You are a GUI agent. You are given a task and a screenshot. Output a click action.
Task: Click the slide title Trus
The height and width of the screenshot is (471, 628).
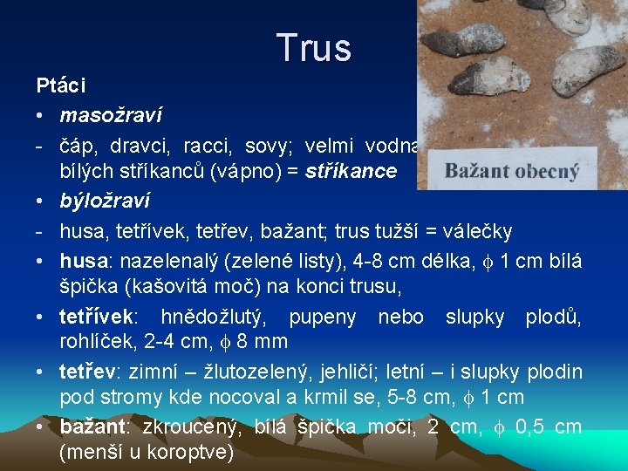coord(314,49)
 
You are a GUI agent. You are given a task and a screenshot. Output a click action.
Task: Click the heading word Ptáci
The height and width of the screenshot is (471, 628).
coord(61,85)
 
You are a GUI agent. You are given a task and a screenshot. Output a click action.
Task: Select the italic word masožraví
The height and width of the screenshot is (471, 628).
coord(111,115)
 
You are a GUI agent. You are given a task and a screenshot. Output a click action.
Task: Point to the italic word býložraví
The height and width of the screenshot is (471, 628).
coord(105,201)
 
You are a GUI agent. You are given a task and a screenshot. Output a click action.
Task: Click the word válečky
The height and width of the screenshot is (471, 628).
coord(477,230)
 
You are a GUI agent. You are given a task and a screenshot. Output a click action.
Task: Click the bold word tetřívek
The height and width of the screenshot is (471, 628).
coord(94,316)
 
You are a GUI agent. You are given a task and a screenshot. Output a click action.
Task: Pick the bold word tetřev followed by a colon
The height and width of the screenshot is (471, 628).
coord(88,372)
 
